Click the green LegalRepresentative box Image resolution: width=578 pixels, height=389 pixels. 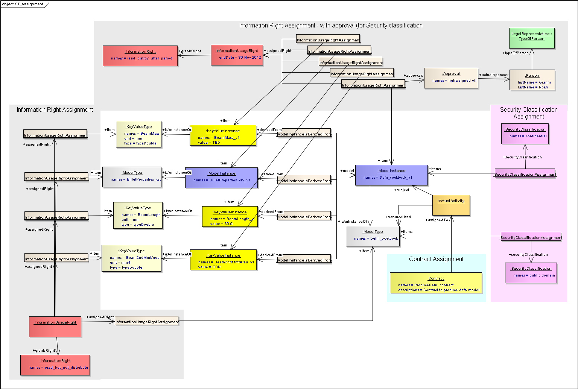tap(532, 38)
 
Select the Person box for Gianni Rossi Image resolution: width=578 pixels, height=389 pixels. tap(532, 80)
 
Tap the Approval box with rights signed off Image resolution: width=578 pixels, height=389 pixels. tap(451, 78)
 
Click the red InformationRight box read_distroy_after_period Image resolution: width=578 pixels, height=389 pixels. tap(140, 56)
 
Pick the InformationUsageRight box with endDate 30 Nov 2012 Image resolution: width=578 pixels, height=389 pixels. tap(237, 55)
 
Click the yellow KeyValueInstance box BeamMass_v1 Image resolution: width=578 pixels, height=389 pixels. tap(223, 135)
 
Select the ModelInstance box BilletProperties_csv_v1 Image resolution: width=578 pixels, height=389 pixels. tap(221, 178)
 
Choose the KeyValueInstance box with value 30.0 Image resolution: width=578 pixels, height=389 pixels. tap(230, 217)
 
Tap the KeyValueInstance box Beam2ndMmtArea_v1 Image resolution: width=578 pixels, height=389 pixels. tap(223, 260)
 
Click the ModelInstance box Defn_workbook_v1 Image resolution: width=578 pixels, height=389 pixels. tap(391, 175)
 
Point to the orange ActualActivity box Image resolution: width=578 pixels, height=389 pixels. tap(451, 205)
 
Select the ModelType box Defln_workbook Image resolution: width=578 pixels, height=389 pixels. tap(373, 236)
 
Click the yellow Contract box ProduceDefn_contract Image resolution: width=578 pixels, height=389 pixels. tap(436, 283)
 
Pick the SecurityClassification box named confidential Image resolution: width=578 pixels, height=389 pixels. tap(525, 134)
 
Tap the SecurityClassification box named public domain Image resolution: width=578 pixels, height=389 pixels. tap(531, 273)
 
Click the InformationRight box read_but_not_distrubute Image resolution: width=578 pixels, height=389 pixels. tap(55, 365)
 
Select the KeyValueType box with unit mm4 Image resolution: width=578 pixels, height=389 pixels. tap(131, 258)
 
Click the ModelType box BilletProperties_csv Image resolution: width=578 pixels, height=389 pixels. tap(132, 177)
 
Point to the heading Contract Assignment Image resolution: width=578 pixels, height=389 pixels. tap(436, 259)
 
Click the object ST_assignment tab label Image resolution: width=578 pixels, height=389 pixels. tap(23, 4)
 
